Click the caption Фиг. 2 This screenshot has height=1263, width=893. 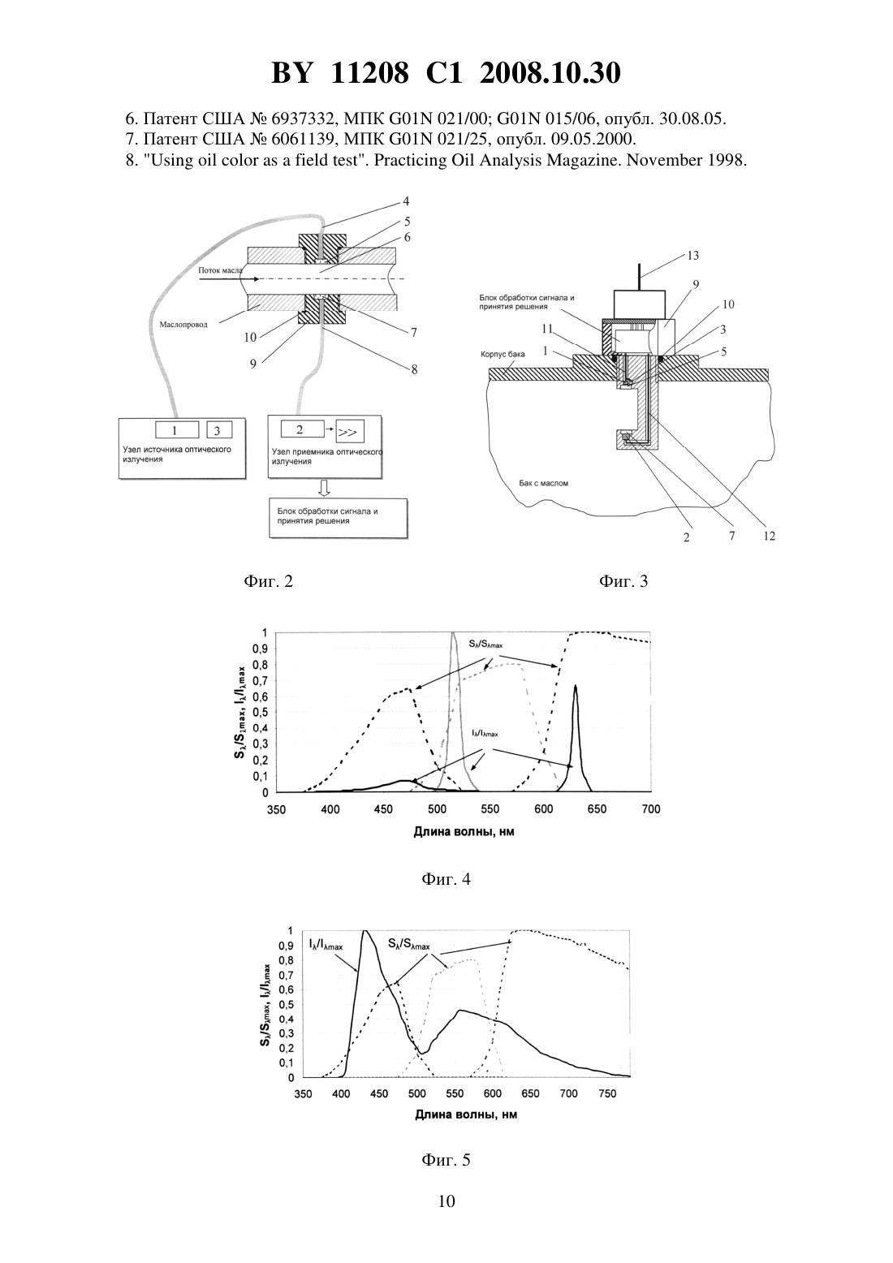269,580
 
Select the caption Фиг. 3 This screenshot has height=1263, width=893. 623,580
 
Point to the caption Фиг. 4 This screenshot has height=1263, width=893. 446,878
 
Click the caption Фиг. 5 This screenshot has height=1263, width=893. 446,1160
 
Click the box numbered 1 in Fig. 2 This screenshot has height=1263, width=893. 177,429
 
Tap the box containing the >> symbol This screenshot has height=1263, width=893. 350,432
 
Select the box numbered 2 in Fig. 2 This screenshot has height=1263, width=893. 302,429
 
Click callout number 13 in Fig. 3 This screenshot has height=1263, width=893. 692,256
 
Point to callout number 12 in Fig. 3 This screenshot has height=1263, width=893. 769,537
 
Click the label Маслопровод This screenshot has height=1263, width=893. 183,325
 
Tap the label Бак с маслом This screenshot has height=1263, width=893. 543,483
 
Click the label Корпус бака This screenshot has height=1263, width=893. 503,354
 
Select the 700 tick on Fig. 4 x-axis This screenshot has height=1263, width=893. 651,809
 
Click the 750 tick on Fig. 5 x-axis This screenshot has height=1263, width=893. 606,1094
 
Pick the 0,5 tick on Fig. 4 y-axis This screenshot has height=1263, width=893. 261,712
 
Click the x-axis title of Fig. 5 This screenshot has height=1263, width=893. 466,1114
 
